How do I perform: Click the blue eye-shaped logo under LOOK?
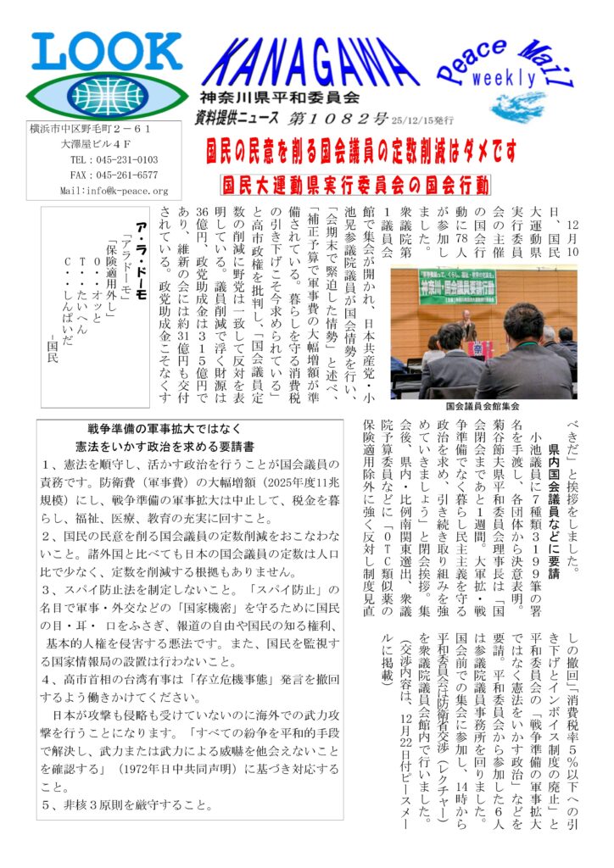click(x=94, y=95)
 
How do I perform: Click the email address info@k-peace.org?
click(x=114, y=191)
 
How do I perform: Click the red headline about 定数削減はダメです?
click(x=361, y=151)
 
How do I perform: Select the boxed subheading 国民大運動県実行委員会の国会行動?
click(x=355, y=184)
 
